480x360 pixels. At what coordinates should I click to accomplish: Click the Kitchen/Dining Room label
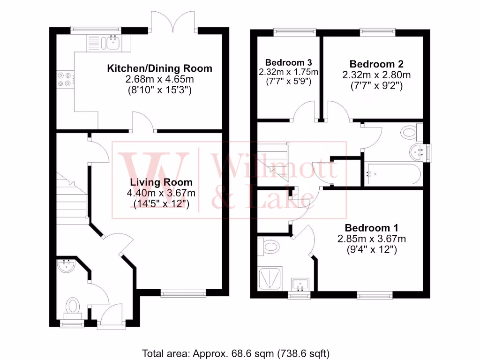tap(160, 68)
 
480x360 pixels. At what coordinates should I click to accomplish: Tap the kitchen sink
tap(113, 43)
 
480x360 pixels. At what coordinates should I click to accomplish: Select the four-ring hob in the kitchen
tap(65, 79)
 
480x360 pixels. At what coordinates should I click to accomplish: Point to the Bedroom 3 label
tap(289, 62)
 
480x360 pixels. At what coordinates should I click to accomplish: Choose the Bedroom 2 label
tap(376, 64)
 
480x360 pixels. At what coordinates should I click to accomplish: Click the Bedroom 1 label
tap(371, 228)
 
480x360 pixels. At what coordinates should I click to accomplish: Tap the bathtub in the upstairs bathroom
tap(393, 173)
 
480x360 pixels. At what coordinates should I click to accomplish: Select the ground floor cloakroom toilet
tap(73, 307)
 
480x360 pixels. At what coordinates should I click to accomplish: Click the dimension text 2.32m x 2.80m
tap(376, 75)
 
